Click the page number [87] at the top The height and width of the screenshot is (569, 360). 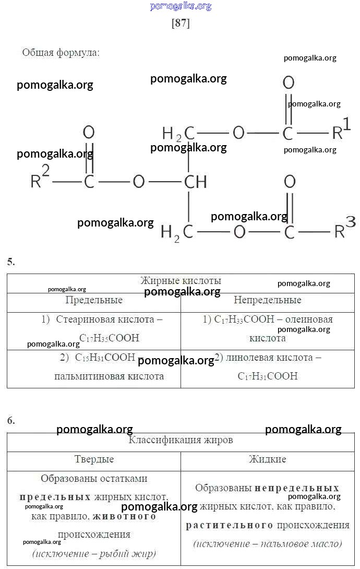click(x=180, y=23)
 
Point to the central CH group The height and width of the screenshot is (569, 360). click(x=196, y=182)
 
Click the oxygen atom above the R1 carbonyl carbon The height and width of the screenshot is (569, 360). click(x=289, y=82)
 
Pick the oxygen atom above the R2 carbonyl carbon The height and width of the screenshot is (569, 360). click(x=89, y=133)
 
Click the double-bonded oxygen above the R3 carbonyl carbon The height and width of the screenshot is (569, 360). click(x=290, y=182)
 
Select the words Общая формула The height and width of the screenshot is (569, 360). click(x=61, y=53)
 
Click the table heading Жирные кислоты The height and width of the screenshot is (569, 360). click(x=181, y=281)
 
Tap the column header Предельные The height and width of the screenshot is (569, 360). click(x=94, y=300)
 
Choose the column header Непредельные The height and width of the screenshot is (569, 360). click(x=267, y=300)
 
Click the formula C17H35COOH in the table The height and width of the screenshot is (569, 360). click(x=110, y=338)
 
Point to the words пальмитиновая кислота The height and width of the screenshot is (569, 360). click(x=109, y=376)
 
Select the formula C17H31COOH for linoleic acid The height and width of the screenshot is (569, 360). click(x=268, y=376)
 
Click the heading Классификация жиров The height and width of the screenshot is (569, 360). click(x=181, y=440)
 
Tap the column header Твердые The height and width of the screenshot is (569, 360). click(x=94, y=459)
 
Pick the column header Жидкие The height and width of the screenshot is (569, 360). click(x=267, y=459)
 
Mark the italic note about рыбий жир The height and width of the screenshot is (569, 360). click(x=94, y=553)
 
